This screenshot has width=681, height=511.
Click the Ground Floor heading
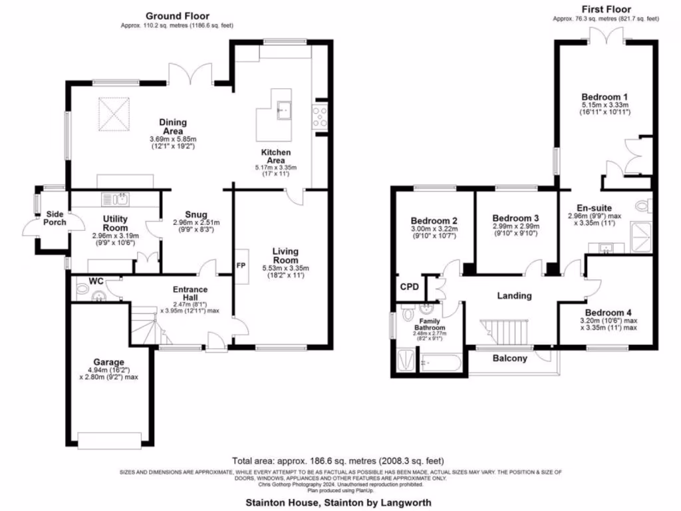tap(178, 16)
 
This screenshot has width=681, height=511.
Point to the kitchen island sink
tap(287, 108)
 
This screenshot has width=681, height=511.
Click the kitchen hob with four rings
tap(319, 116)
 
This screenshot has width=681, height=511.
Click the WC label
tap(96, 281)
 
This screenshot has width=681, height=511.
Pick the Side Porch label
tap(56, 218)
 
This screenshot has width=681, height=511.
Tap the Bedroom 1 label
tap(605, 96)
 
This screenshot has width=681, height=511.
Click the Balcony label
tap(510, 359)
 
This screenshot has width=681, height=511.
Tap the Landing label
tap(515, 295)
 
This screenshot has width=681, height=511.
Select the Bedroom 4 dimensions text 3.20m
tap(593, 320)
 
